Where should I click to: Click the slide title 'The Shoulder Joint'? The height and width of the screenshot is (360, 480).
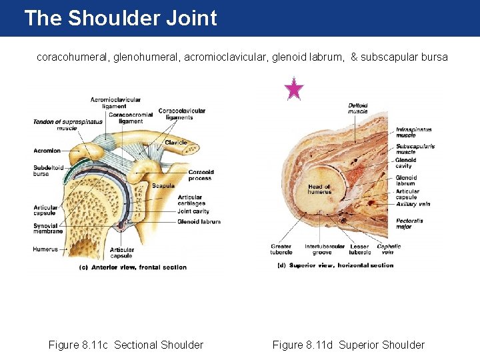[x=121, y=18]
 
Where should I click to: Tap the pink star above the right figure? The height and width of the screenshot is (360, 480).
[x=294, y=89]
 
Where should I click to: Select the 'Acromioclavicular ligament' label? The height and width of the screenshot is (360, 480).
[x=116, y=103]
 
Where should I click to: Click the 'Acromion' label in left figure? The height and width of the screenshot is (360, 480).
[x=47, y=151]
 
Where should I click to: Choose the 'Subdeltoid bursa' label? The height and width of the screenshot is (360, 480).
[x=48, y=171]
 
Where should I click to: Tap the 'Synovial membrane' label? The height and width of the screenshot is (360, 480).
[x=48, y=228]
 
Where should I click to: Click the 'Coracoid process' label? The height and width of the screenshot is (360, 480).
[x=200, y=175]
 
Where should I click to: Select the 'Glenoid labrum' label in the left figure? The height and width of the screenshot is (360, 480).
[x=199, y=221]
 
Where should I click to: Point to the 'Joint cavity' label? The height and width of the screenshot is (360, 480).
[x=193, y=211]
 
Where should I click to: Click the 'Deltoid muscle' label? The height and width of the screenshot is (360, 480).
[x=358, y=108]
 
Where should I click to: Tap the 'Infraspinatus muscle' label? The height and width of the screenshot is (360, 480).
[x=414, y=132]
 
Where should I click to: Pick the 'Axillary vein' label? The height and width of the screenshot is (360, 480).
[x=413, y=204]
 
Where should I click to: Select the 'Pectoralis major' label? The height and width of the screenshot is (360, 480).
[x=409, y=223]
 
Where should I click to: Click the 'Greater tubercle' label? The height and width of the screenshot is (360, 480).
[x=281, y=249]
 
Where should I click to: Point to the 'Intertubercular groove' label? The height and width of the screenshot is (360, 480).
[x=325, y=249]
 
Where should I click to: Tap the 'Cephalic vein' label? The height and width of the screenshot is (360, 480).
[x=389, y=249]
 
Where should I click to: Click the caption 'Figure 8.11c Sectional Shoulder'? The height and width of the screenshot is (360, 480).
[x=126, y=345]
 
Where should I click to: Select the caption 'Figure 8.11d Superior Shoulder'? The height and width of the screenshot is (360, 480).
[x=348, y=345]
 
